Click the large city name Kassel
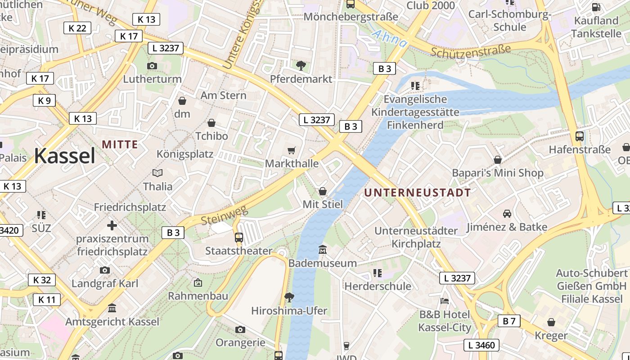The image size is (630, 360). click(64, 156)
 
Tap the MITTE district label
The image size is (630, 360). click(120, 144)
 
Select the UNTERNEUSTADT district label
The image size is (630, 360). click(417, 193)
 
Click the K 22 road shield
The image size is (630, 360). click(77, 28)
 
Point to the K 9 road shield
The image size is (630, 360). click(44, 100)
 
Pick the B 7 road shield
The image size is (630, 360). click(509, 321)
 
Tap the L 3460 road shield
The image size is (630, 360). click(481, 345)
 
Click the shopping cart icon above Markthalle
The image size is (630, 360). click(292, 150)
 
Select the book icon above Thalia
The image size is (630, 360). click(157, 173)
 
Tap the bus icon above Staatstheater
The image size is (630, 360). click(239, 237)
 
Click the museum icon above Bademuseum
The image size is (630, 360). click(323, 249)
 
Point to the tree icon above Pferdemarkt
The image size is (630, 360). click(301, 66)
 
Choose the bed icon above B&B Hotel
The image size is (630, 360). click(445, 301)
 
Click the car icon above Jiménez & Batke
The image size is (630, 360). click(507, 213)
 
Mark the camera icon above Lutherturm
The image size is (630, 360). click(152, 66)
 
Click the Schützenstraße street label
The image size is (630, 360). click(471, 51)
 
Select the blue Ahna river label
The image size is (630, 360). click(390, 39)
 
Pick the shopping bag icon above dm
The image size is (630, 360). click(182, 100)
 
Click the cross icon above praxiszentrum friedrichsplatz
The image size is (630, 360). click(112, 225)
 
